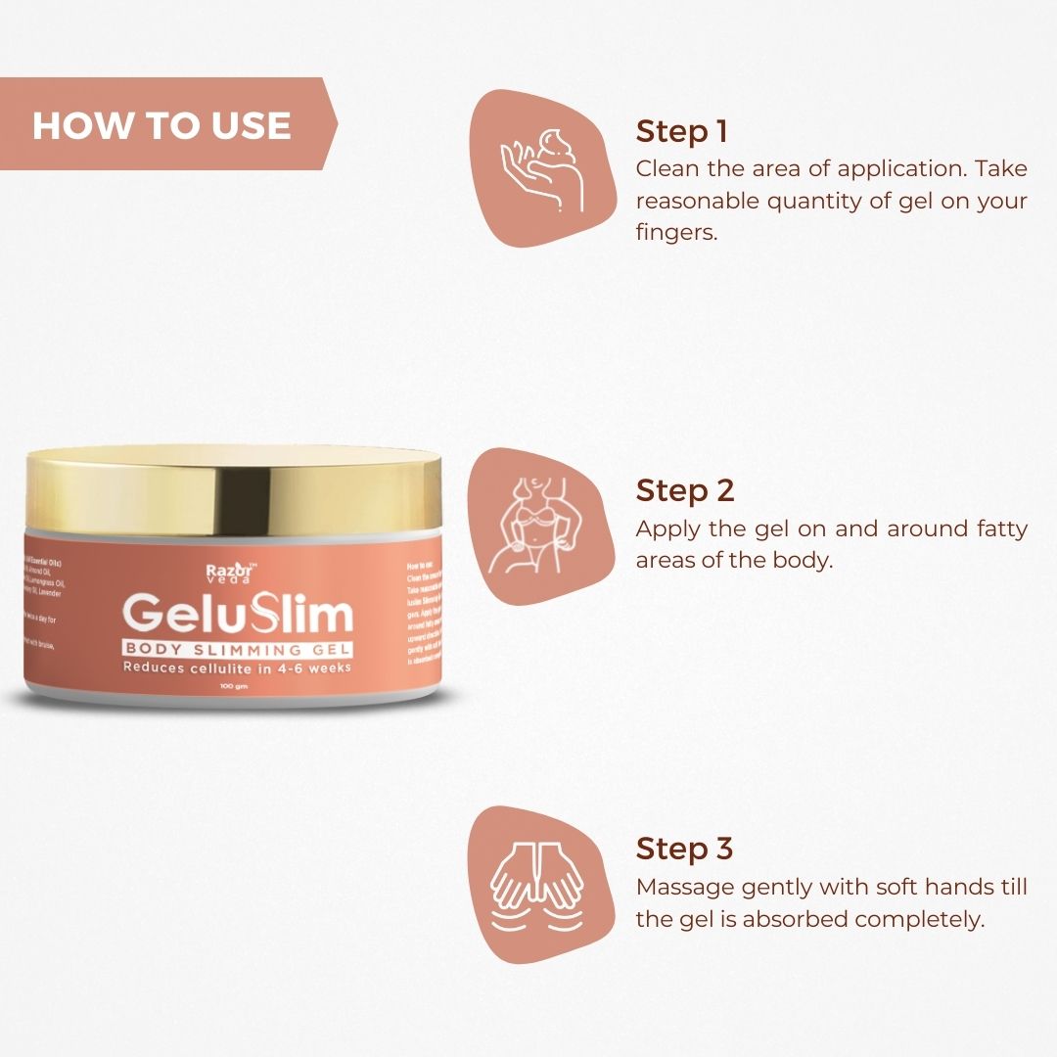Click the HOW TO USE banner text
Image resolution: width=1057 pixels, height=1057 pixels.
tap(161, 125)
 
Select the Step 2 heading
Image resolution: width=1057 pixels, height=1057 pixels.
tap(685, 489)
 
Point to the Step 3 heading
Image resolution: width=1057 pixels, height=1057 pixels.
tap(685, 849)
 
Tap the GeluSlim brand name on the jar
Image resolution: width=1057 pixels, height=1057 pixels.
tap(239, 616)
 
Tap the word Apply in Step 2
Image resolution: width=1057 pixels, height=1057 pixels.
tap(666, 529)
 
